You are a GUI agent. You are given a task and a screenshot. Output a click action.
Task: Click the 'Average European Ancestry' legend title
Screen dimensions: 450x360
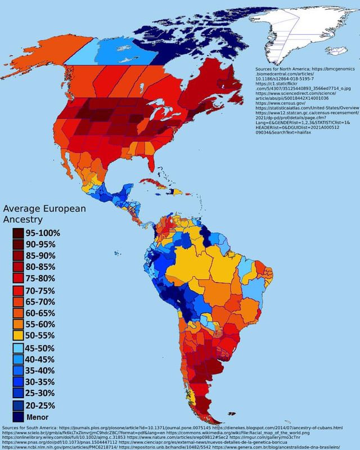pyautogui.click(x=44, y=213)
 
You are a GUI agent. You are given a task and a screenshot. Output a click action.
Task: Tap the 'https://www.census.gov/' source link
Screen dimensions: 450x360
pyautogui.click(x=281, y=103)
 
